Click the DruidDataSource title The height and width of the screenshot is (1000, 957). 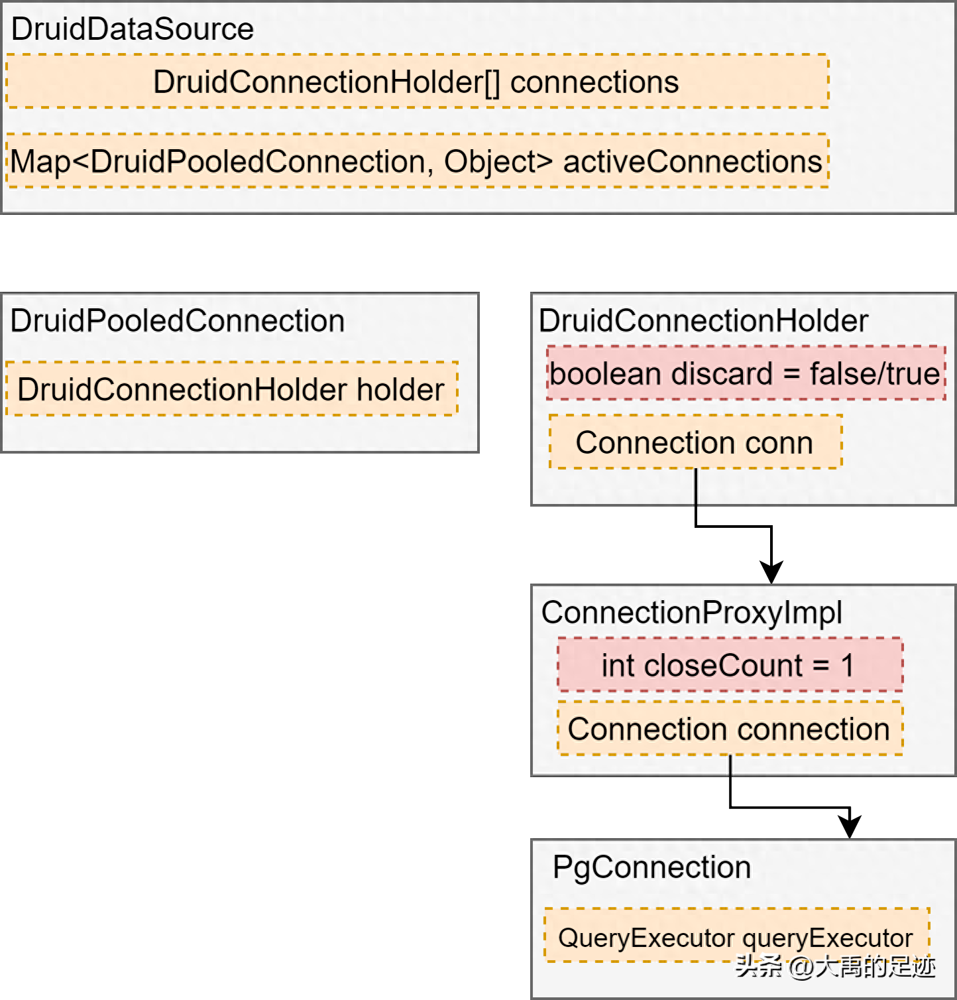(133, 29)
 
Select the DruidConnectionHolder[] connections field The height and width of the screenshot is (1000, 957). (417, 82)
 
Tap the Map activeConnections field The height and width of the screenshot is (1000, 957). (417, 161)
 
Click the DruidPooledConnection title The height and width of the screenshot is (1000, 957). (178, 321)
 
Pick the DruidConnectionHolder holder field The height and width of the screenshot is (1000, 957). (231, 389)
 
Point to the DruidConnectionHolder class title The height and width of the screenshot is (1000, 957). (703, 321)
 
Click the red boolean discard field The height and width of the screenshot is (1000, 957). (746, 373)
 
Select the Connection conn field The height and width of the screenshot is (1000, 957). (695, 442)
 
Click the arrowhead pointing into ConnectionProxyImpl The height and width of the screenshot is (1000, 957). (771, 572)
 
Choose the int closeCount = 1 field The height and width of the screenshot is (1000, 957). (730, 664)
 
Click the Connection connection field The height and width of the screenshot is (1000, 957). (730, 728)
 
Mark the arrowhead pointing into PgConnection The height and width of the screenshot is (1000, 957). (850, 826)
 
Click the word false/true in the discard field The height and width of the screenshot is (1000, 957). (875, 373)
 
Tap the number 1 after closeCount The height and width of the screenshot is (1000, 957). (847, 665)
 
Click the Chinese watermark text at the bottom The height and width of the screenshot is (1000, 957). (835, 967)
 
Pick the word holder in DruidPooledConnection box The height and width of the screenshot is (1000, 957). (400, 389)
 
